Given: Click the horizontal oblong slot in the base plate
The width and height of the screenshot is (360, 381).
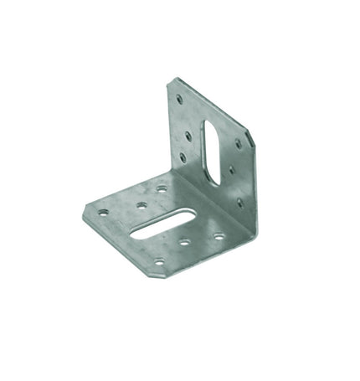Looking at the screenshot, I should coord(167,226).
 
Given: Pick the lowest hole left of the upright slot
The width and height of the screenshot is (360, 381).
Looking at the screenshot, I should coord(183,156).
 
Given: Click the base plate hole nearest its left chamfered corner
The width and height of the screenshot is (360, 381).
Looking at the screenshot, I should coord(104,213).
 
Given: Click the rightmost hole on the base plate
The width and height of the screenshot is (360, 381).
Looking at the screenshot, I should coord(219,237).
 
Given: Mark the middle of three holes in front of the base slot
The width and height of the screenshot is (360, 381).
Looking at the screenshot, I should coord(183,243).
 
